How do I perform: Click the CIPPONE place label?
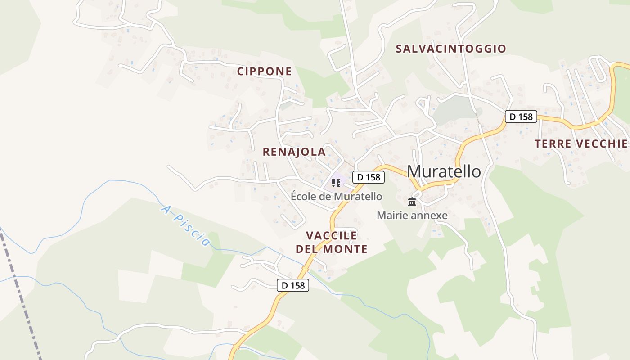point(265,72)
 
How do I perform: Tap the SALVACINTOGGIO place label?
point(451,49)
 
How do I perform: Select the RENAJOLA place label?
point(294,152)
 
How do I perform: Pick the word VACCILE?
point(332,236)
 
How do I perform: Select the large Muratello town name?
point(444,171)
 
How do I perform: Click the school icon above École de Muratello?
point(336,183)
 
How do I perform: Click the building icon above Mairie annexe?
point(412,202)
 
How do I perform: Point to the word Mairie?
point(391,216)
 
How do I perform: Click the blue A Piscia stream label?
point(185,226)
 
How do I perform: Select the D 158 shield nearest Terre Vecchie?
point(521,117)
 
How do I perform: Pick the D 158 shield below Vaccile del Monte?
point(293,285)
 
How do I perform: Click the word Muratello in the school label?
point(359,197)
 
